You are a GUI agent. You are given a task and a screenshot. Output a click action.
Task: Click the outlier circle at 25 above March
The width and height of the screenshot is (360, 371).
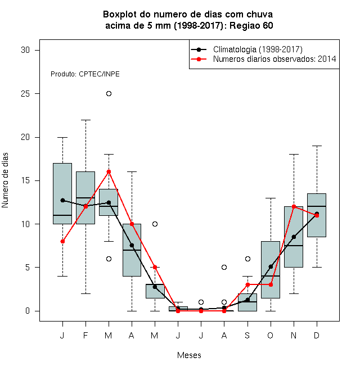109,94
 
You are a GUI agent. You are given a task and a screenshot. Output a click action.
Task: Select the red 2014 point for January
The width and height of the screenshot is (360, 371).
62,241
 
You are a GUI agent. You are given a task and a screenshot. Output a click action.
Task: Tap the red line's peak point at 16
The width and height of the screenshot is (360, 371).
109,172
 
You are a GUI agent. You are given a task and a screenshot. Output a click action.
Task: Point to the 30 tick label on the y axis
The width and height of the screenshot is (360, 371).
25,50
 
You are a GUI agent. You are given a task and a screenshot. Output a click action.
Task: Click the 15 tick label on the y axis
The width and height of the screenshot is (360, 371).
25,180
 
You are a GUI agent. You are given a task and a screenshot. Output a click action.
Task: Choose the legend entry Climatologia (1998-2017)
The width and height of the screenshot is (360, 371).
258,49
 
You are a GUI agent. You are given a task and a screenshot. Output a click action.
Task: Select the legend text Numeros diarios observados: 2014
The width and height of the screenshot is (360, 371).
274,59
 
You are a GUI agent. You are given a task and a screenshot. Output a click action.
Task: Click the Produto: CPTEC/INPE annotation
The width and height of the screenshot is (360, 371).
85,74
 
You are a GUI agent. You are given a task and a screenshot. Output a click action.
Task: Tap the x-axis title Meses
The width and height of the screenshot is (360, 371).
189,355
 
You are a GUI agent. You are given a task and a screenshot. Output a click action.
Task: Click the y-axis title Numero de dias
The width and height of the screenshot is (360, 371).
5,180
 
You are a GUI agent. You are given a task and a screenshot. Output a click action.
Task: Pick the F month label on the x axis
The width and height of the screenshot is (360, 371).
85,335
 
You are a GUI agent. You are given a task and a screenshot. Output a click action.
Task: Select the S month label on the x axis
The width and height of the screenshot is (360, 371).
247,335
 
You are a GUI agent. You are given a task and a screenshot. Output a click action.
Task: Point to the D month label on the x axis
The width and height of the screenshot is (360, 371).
317,335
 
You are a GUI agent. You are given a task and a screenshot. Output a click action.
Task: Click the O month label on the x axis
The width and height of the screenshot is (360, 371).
270,335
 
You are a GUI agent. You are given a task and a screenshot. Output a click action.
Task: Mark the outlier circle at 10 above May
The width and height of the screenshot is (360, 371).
155,224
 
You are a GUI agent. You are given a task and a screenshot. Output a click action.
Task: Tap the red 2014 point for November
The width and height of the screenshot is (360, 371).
294,206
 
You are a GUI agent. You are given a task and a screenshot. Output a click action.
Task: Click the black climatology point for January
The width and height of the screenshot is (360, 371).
62,201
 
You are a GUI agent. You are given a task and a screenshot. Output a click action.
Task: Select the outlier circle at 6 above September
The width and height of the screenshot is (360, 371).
247,259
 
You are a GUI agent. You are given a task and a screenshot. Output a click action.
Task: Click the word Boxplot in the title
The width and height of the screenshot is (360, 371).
120,15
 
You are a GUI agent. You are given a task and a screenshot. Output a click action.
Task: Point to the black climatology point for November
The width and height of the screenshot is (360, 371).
294,237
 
